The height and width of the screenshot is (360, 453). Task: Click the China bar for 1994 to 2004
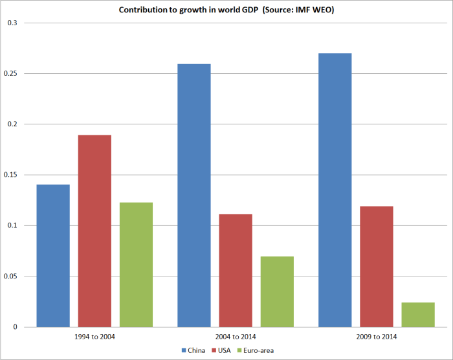point(53,256)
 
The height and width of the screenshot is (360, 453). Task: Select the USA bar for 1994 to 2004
point(94,231)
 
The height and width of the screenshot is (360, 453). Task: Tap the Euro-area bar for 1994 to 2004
point(136,265)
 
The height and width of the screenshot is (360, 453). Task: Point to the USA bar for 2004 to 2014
point(236,271)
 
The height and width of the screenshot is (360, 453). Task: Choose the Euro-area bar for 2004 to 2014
point(277,291)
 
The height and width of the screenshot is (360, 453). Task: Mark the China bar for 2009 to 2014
point(335,190)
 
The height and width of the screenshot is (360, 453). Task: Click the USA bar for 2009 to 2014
point(377,267)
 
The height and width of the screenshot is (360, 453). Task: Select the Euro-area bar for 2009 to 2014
point(418,315)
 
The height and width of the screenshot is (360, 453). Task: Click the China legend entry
point(195,350)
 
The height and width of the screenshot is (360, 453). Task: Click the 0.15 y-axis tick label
point(11,175)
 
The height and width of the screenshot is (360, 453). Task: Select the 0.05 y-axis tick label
point(11,276)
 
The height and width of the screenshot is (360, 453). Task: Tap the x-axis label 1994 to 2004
point(94,337)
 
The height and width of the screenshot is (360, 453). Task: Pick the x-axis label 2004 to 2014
point(236,337)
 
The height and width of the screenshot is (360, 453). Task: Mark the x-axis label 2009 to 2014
point(377,337)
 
